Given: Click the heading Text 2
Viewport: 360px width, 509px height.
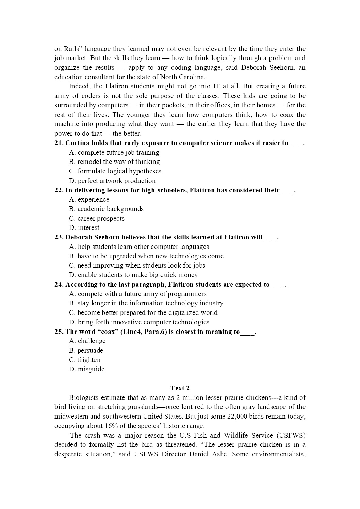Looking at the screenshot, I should [180, 388].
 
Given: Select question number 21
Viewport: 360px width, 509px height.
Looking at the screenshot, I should [59, 143].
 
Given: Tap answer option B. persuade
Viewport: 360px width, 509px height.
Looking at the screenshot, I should [86, 350].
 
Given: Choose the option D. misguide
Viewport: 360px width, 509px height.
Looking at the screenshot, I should [87, 369].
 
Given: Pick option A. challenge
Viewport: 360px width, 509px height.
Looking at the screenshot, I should [87, 341].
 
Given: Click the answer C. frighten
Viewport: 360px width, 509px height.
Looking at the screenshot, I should [85, 360].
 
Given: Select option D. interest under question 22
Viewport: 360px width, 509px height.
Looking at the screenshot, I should [84, 227].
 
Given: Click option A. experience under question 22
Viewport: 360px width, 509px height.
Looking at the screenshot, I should [89, 199].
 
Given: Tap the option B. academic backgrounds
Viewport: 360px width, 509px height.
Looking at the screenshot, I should [106, 209].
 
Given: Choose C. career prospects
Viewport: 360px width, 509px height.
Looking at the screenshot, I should [97, 218].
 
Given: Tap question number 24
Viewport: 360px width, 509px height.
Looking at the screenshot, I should [59, 285].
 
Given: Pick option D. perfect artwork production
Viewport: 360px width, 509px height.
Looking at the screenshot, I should [112, 181].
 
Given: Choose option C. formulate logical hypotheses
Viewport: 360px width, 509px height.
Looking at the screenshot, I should [115, 171].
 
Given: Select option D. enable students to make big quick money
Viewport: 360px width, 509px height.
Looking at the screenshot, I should [133, 275].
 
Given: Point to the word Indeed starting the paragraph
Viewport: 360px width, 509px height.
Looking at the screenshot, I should [78, 86].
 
